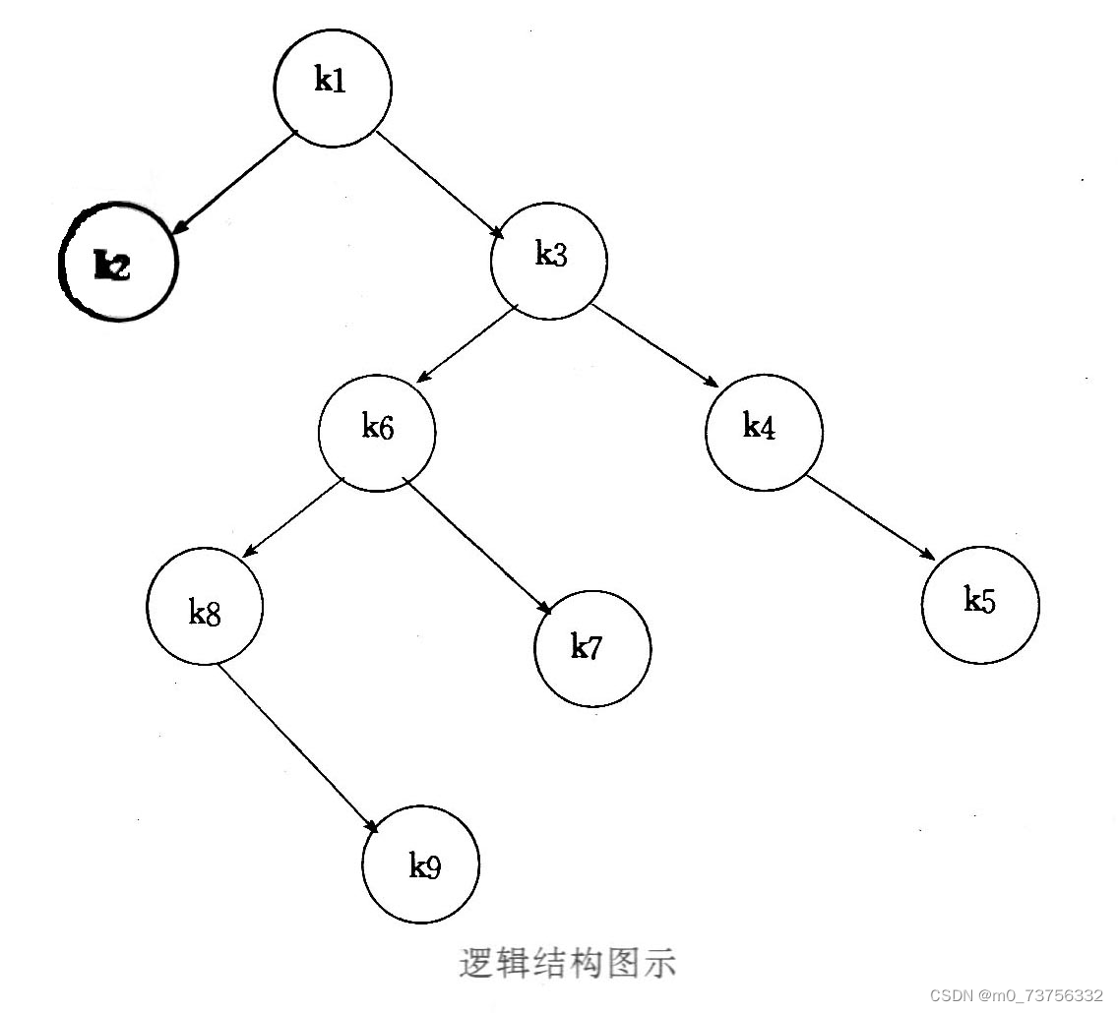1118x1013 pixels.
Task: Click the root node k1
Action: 333,88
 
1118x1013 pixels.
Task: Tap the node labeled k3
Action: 549,261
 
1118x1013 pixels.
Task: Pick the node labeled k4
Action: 764,432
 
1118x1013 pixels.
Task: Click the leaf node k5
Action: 980,604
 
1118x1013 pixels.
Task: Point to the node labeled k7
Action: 592,648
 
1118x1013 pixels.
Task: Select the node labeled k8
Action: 205,608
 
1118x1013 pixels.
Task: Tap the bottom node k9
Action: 421,864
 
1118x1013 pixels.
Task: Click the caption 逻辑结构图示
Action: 568,963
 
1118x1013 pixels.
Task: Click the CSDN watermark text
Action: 1016,995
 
